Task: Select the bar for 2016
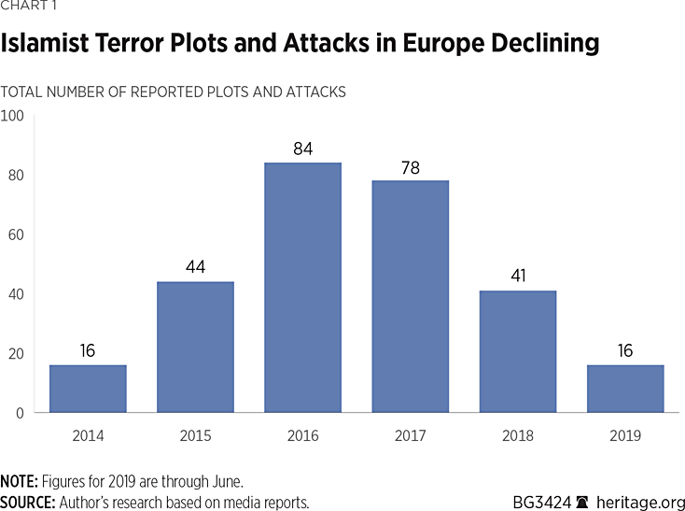coord(302,288)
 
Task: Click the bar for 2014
coord(88,389)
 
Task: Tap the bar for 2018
coord(517,351)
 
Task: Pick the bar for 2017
coord(410,296)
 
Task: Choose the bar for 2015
coord(195,347)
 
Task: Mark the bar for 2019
coord(625,389)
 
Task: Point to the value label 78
coord(410,168)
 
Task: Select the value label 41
coord(517,277)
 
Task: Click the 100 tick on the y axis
coord(13,116)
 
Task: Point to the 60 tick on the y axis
coord(16,234)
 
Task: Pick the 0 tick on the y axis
coord(20,413)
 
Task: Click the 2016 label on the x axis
coord(302,436)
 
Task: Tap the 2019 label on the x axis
coord(625,436)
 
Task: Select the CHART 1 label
coord(29,7)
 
